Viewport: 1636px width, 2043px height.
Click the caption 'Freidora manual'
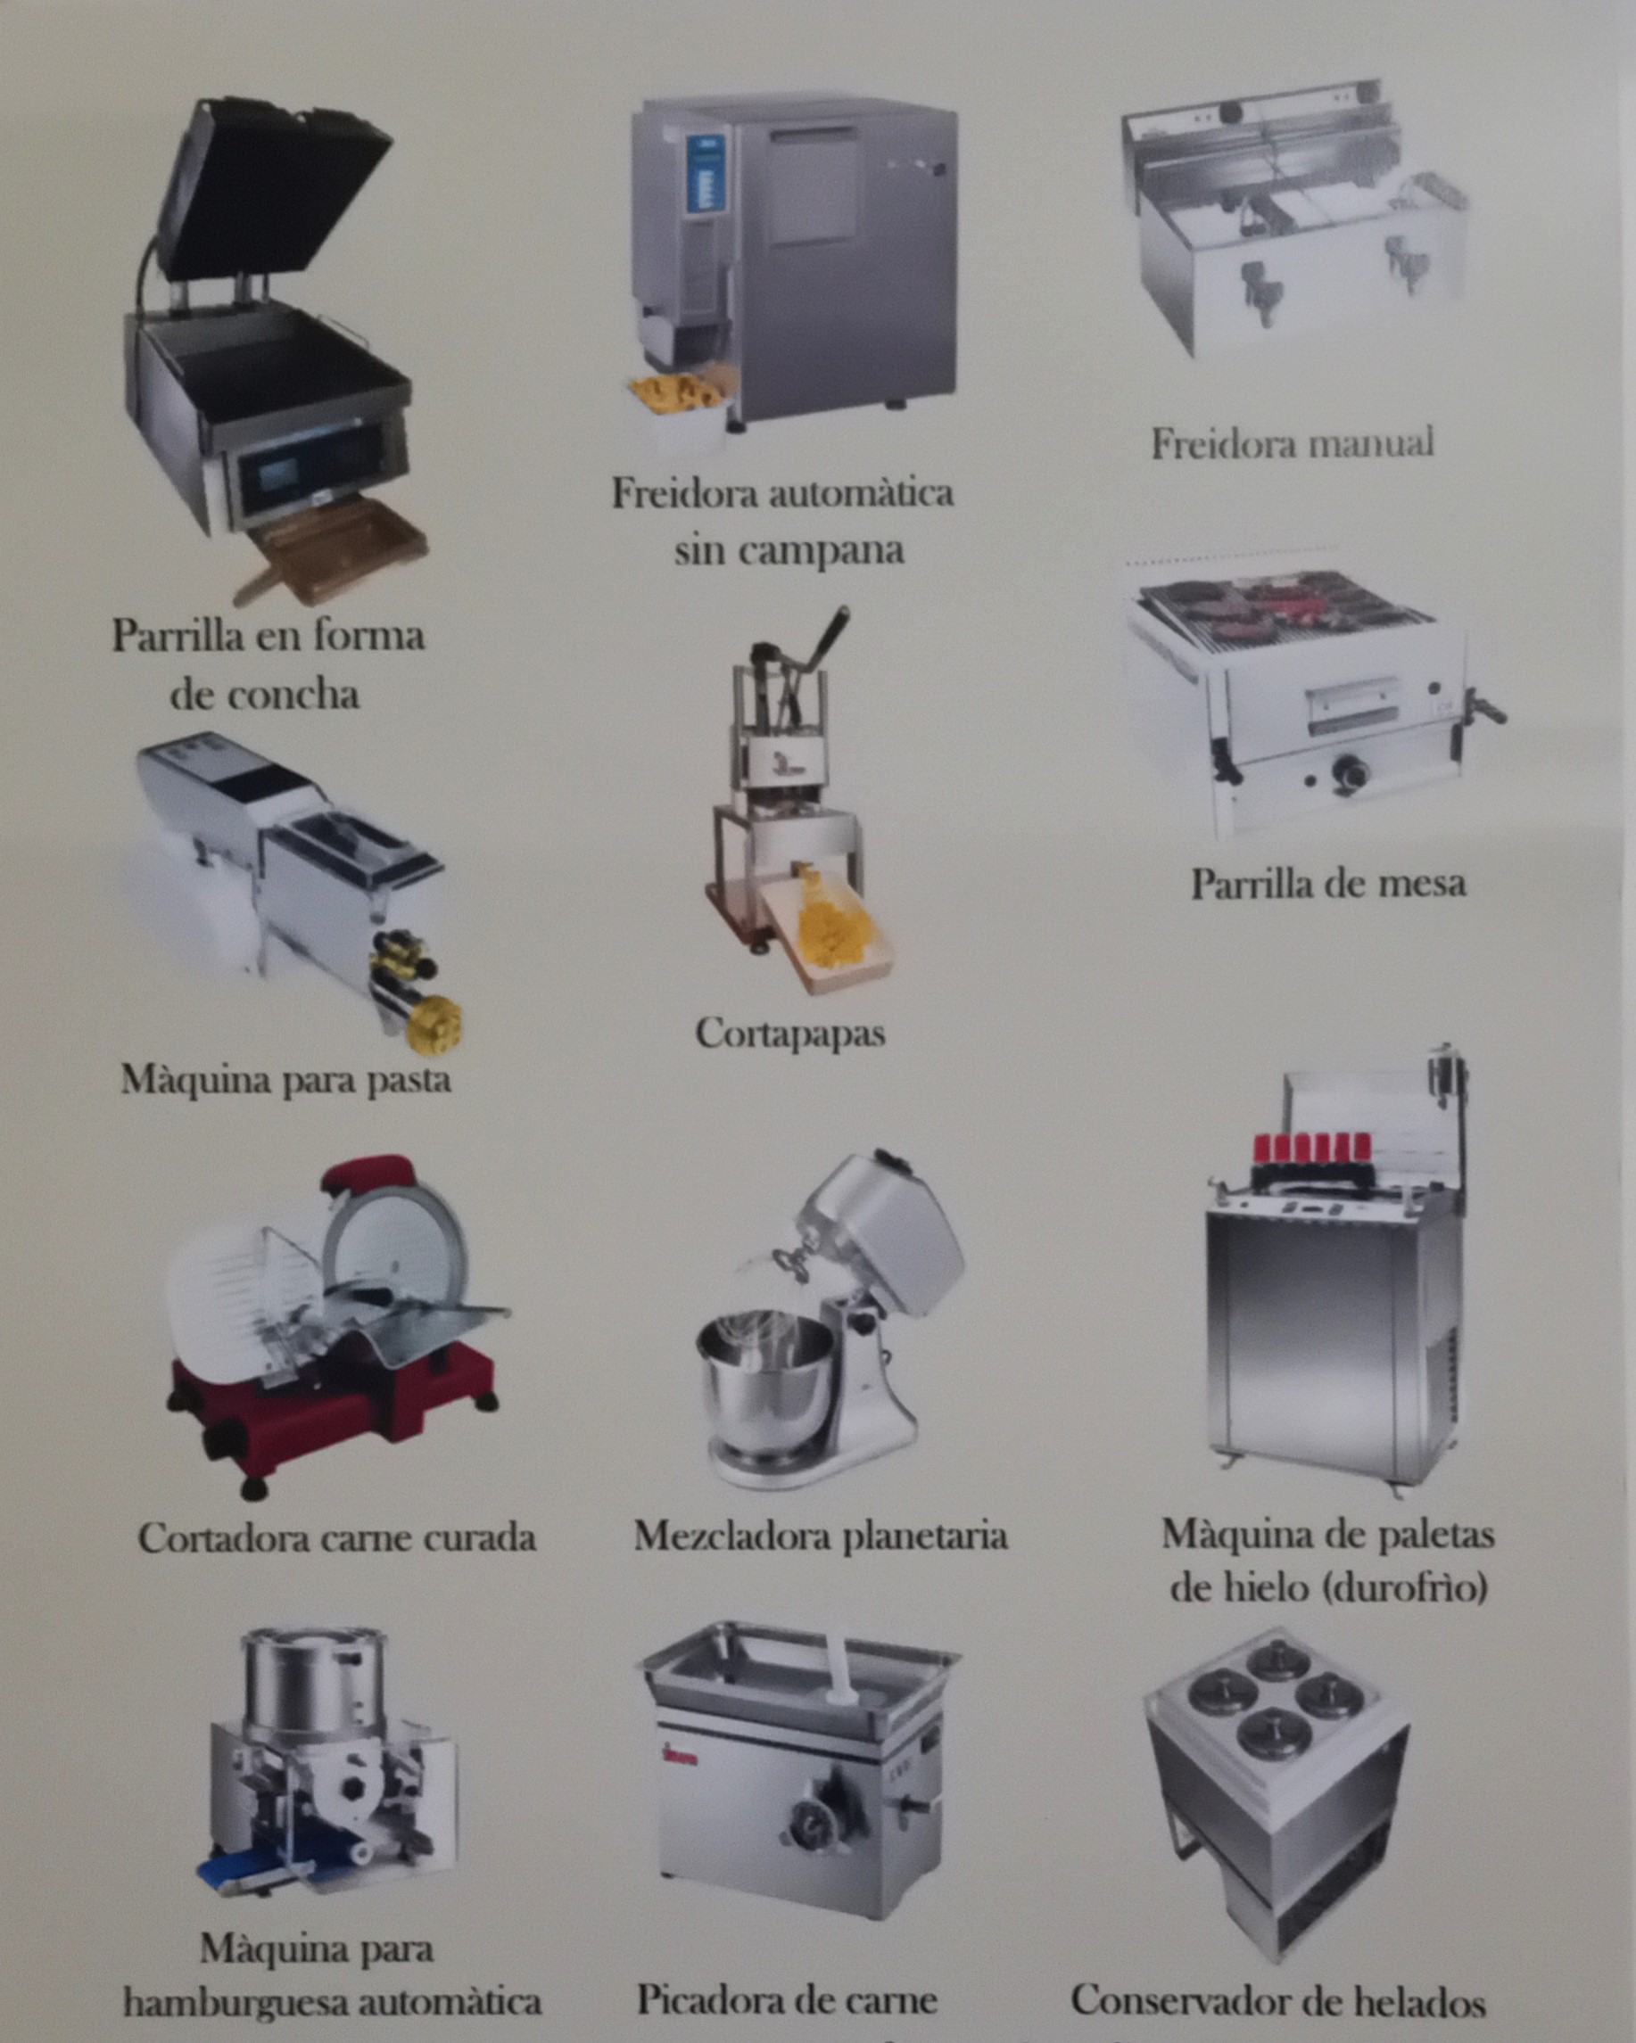[x=1292, y=443]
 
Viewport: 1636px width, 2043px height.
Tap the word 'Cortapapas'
[x=789, y=1033]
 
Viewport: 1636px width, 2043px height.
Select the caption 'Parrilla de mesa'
[x=1328, y=884]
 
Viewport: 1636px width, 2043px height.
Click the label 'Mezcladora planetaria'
[x=820, y=1535]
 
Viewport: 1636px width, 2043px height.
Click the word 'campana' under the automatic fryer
[x=789, y=550]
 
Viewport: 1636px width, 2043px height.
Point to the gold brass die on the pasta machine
[x=435, y=1024]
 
